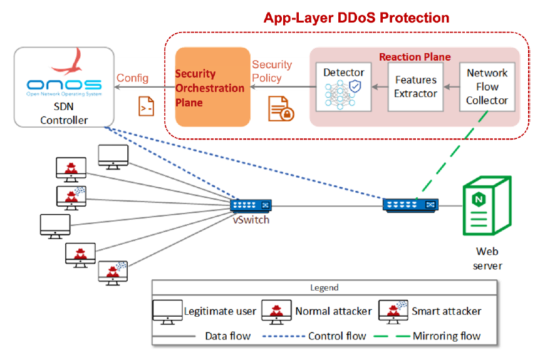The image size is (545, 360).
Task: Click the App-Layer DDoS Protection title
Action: point(356,18)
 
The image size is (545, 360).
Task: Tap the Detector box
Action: point(343,87)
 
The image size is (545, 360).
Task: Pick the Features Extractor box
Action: point(415,87)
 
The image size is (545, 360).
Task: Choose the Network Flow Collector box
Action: point(487,86)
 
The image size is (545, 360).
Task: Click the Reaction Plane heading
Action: point(414,57)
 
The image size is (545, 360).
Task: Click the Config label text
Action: point(133,78)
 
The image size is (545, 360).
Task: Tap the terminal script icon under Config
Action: point(146,107)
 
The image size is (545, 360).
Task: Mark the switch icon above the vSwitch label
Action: point(251,205)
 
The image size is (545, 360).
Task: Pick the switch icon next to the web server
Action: point(410,203)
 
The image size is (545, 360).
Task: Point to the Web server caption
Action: point(487,259)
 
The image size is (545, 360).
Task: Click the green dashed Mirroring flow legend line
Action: point(393,336)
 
